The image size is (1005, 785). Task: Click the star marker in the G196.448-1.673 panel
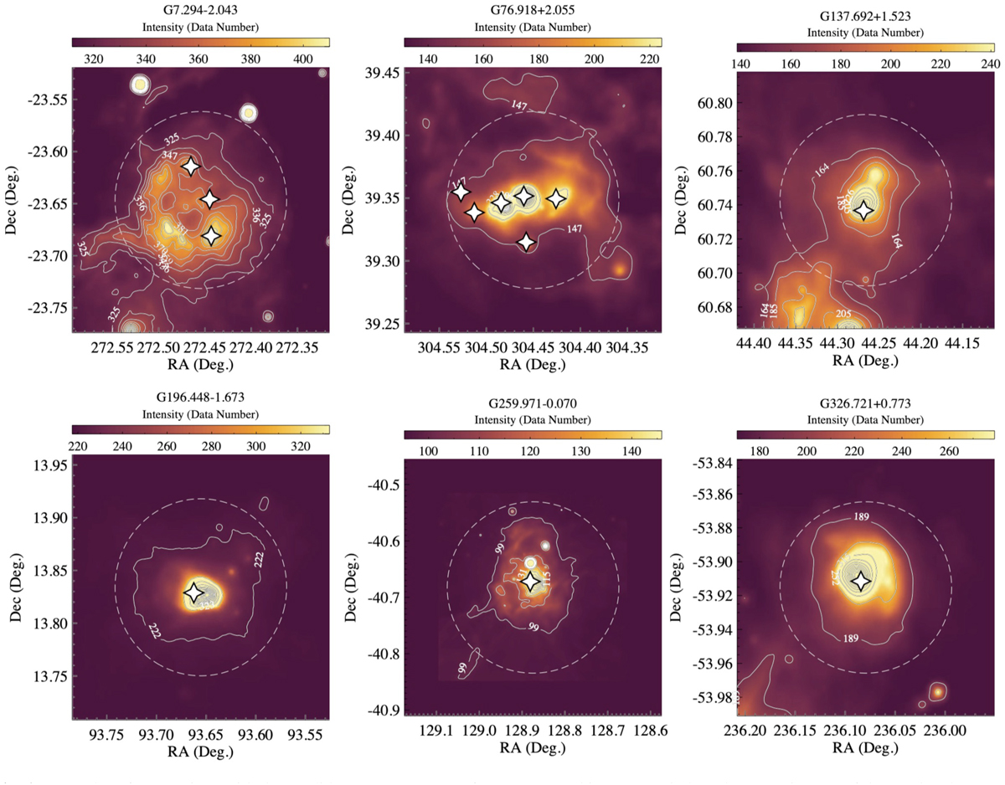point(193,593)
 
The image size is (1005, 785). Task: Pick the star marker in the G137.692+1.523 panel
point(863,211)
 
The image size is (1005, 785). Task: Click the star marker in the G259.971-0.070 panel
point(531,582)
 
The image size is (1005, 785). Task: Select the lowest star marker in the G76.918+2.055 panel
point(526,242)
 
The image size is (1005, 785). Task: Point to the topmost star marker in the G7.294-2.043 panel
point(191,166)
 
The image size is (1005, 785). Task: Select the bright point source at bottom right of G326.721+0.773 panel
point(938,691)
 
